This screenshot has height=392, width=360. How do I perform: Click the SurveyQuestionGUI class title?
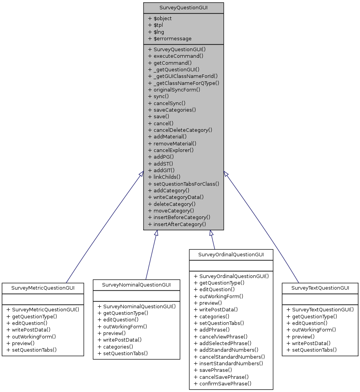183,8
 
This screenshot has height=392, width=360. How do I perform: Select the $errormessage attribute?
170,38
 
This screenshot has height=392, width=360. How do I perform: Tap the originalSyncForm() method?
174,90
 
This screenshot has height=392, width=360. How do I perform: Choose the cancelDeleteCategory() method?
180,130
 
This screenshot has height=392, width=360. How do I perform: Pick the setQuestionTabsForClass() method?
183,184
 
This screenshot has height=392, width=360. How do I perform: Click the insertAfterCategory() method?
177,224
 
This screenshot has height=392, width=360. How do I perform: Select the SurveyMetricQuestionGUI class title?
43,288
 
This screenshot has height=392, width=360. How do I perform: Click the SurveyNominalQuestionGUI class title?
137,285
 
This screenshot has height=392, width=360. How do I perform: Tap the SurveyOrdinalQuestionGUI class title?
231,254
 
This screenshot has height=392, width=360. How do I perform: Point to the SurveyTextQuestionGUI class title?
320,288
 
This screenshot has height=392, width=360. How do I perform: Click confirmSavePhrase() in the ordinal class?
223,383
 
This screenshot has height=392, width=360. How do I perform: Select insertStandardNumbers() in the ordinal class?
228,363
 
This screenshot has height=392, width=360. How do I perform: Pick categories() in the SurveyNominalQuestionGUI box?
115,346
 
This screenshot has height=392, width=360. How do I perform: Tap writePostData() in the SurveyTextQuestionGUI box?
308,343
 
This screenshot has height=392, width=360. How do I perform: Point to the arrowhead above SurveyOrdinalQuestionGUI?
211,233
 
